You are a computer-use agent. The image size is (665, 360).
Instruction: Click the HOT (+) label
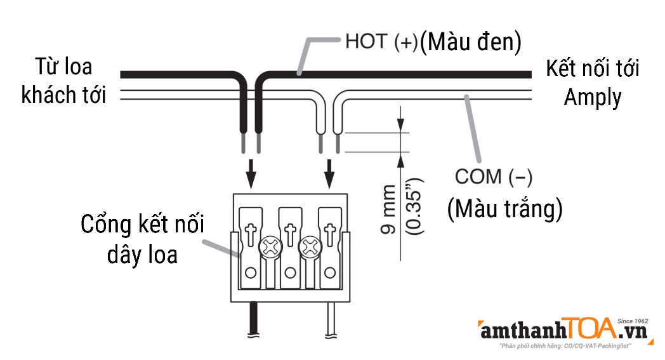[381, 43]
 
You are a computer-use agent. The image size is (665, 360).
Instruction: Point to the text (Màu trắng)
[504, 210]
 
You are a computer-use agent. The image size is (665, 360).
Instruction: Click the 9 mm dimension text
[388, 210]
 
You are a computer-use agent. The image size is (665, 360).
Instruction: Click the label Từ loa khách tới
[63, 81]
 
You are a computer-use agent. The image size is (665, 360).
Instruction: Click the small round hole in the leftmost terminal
[251, 273]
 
